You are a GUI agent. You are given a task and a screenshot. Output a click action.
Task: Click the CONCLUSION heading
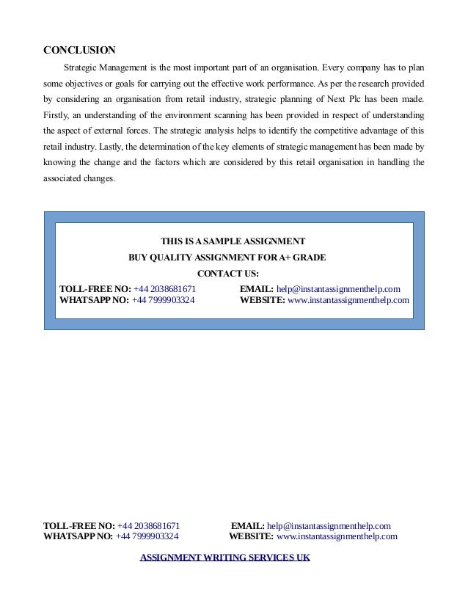[x=79, y=51]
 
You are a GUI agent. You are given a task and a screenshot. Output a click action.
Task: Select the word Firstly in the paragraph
[x=56, y=116]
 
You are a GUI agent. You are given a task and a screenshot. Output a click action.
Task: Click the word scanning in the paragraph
[x=260, y=116]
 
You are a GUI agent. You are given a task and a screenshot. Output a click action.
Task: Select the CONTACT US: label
[x=228, y=274]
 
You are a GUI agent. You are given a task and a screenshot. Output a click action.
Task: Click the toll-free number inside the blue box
[x=165, y=288]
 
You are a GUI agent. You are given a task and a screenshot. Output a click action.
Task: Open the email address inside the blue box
[x=338, y=288]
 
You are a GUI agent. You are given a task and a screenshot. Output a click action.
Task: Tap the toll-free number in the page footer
[x=149, y=525]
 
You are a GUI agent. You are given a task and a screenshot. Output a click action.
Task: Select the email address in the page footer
[x=329, y=525]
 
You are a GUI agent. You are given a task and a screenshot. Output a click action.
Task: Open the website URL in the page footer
[x=337, y=536]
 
